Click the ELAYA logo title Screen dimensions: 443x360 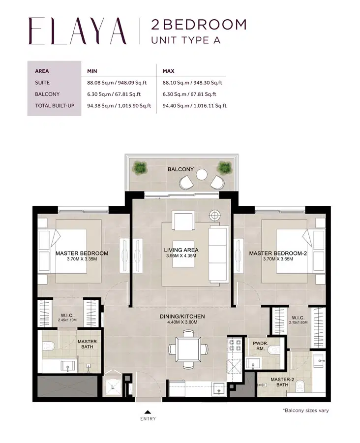click(78, 31)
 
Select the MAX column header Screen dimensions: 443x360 click(169, 71)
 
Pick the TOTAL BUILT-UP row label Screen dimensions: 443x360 click(54, 105)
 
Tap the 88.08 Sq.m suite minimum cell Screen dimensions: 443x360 click(119, 83)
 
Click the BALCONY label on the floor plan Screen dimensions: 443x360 click(180, 169)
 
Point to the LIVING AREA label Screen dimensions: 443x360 click(181, 250)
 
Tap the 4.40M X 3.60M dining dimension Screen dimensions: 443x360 click(181, 322)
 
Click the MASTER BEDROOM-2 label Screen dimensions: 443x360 click(278, 253)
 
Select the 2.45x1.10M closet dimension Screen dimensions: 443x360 click(67, 320)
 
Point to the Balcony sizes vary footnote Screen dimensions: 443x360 click(305, 410)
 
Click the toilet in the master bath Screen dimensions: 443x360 click(48, 346)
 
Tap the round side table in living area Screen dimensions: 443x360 click(215, 215)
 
